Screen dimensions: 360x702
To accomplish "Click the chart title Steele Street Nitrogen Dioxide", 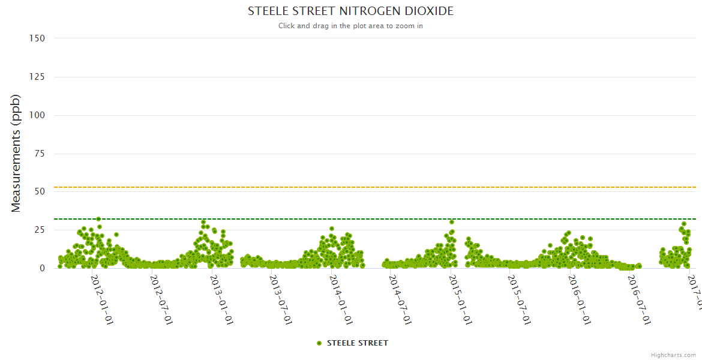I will click(350, 11).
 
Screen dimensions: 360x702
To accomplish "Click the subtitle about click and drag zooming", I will click(350, 26).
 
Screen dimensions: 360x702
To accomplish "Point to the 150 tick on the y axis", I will click(37, 38).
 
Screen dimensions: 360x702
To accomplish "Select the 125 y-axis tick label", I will click(37, 77).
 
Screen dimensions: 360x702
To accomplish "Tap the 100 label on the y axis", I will click(37, 115).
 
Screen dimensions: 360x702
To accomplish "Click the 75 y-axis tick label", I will click(40, 154).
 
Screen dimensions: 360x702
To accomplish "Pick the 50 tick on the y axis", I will click(40, 191).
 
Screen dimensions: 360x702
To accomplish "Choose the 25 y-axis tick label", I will click(40, 230).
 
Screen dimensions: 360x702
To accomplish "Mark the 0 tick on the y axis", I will click(42, 268).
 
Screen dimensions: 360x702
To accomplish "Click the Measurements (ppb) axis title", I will click(16, 153).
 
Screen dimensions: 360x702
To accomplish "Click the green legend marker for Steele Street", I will click(319, 343).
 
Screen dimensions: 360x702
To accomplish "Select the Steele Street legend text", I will click(357, 343).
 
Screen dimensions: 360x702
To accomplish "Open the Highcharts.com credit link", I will click(673, 355).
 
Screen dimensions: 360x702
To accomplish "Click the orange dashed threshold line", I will click(360, 187).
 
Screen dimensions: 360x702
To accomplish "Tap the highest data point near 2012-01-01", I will click(98, 219).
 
